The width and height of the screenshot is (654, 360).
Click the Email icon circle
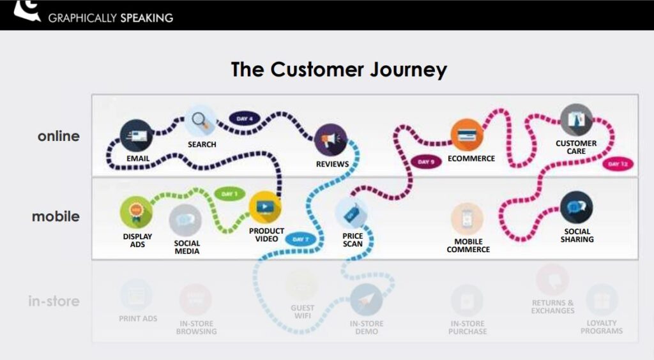(136, 136)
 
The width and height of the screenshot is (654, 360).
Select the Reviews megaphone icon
(331, 140)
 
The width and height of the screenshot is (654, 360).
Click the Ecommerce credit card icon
(466, 136)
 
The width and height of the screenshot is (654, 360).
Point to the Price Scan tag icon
(351, 214)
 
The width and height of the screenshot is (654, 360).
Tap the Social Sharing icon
(576, 208)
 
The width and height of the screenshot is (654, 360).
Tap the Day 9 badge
(426, 162)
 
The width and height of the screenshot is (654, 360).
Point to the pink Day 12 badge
(618, 164)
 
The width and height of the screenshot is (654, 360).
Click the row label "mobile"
(56, 216)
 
